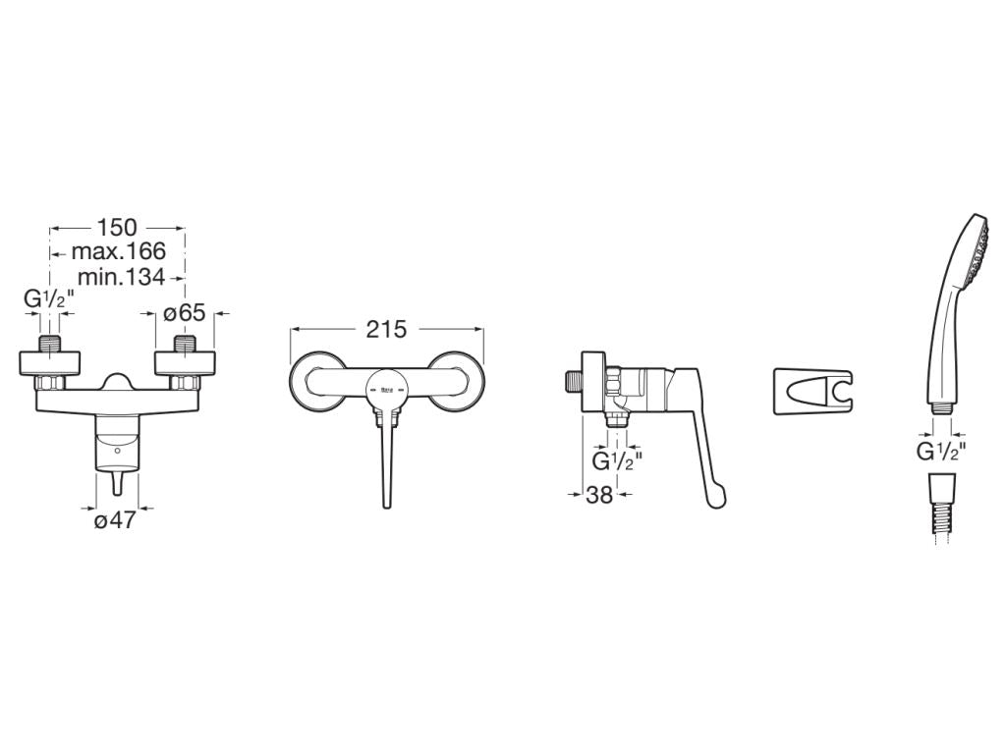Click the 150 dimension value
click(117, 227)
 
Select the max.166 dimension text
click(119, 251)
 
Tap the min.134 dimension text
click(121, 277)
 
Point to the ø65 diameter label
click(184, 313)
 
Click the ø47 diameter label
click(116, 520)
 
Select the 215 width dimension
click(386, 329)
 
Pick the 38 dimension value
click(599, 495)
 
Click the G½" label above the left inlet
click(49, 298)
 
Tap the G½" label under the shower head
click(941, 452)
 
